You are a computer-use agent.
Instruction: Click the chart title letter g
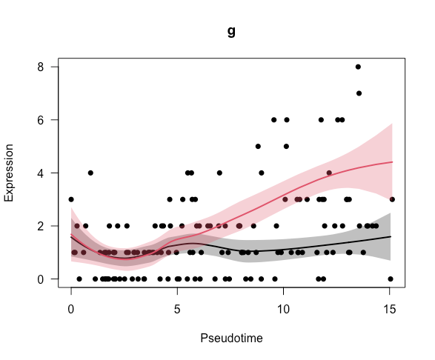click(231, 33)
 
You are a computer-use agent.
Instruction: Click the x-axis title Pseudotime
click(231, 338)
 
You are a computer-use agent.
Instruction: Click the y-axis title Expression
click(10, 173)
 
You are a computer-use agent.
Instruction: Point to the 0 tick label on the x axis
click(71, 306)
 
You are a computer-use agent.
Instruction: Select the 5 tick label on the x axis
click(177, 306)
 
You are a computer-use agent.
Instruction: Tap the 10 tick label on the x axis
click(284, 306)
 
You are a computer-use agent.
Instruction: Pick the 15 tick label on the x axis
click(390, 306)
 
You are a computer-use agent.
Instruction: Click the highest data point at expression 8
click(358, 67)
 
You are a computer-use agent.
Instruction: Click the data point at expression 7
click(359, 93)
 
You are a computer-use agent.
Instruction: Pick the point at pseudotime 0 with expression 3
click(71, 199)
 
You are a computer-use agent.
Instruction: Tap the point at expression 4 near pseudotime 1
click(90, 173)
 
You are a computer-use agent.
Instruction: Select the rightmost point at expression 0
click(390, 279)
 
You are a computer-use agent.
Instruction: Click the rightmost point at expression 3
click(392, 199)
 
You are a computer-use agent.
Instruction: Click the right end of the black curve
click(391, 236)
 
